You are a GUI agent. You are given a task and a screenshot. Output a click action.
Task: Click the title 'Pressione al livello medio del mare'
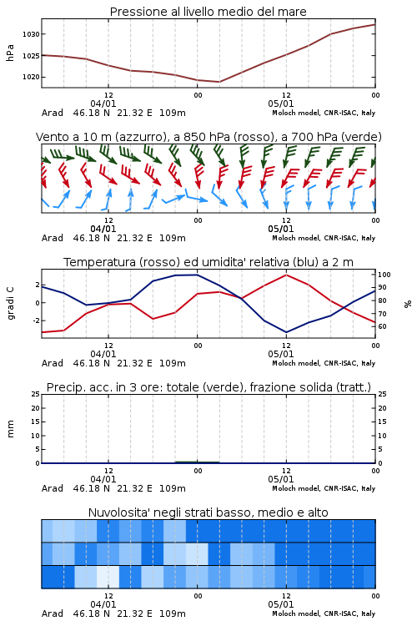point(208,12)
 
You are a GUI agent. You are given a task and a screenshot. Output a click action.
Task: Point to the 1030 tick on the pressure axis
point(31,34)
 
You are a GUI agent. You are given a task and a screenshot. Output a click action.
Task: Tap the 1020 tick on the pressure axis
point(31,77)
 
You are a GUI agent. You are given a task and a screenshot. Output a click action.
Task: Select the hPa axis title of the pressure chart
point(10,53)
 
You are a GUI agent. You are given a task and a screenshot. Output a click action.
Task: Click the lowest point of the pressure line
point(219,82)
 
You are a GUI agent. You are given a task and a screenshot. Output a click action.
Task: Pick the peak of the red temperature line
point(286,275)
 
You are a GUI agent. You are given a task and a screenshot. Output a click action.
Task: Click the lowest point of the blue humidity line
point(286,332)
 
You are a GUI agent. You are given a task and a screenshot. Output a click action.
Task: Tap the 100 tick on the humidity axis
point(384,275)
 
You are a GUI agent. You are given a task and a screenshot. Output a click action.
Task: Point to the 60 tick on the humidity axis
point(382,326)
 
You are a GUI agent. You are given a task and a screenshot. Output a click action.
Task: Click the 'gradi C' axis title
point(10,303)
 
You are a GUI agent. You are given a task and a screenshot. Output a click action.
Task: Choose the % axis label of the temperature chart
point(408,304)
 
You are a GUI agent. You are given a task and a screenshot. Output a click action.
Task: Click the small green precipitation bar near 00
point(197,462)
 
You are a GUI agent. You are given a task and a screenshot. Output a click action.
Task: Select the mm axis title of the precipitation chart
point(10,429)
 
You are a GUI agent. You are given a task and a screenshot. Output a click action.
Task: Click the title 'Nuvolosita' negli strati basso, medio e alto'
point(208,512)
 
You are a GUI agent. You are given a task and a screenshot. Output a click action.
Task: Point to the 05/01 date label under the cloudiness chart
point(280,604)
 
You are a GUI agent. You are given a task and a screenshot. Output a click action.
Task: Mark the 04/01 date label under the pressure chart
point(103,103)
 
